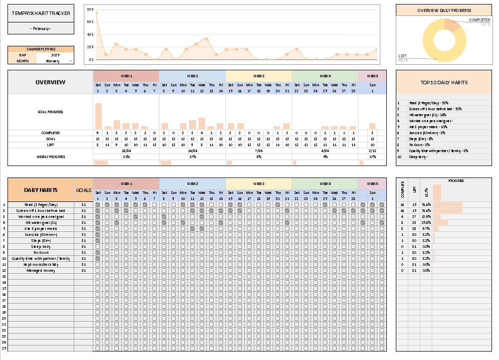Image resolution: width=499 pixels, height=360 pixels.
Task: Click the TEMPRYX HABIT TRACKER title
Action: click(41, 13)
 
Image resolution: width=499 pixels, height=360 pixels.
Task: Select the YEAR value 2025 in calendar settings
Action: click(55, 55)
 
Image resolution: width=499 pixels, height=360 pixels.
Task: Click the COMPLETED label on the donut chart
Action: click(479, 20)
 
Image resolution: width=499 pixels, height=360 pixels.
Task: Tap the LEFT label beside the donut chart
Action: click(402, 56)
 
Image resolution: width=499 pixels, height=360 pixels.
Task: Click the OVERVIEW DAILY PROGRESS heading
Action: click(444, 10)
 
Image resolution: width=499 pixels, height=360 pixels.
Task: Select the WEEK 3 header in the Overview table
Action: click(258, 76)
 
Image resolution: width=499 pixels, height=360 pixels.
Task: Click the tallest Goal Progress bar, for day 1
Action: click(98, 116)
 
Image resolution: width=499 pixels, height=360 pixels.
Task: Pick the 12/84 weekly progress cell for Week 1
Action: click(126, 150)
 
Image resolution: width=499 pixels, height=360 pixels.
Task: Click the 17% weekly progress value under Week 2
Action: click(192, 156)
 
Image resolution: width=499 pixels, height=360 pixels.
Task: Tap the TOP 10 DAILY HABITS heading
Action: click(444, 82)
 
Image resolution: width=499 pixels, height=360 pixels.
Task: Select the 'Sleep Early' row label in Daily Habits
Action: click(41, 246)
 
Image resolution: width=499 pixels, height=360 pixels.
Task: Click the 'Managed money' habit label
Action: click(41, 270)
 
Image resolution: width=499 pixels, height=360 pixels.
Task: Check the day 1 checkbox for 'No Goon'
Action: click(98, 253)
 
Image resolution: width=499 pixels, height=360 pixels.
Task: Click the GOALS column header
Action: click(83, 190)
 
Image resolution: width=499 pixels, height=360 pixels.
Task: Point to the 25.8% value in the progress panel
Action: click(426, 223)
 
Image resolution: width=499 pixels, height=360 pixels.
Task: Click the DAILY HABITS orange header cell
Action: click(41, 190)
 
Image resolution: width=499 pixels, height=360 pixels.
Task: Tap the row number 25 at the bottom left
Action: click(4, 348)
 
